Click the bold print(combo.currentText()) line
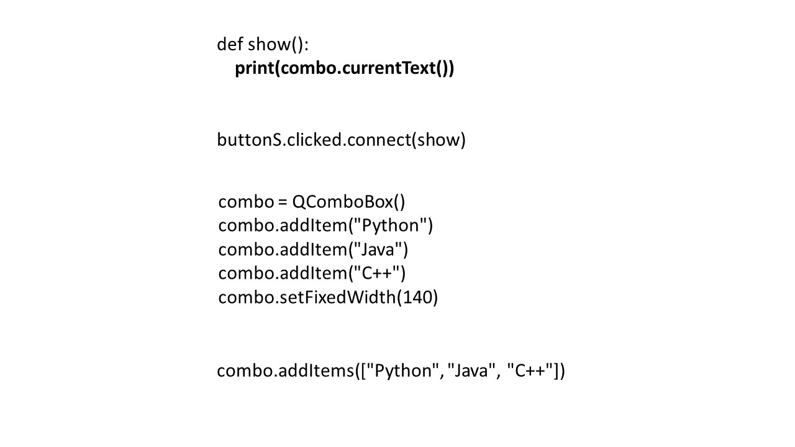coord(344,68)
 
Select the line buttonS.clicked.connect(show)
coord(341,140)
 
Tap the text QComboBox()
coord(348,202)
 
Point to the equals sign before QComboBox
coord(283,202)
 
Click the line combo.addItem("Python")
coord(325,225)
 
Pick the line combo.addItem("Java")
coord(313,250)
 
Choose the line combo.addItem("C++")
coord(312,273)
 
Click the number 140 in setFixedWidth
coord(417,297)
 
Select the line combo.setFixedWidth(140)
coord(328,297)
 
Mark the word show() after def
coord(278,45)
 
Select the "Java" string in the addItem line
coord(379,250)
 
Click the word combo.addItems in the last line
coord(285,371)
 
